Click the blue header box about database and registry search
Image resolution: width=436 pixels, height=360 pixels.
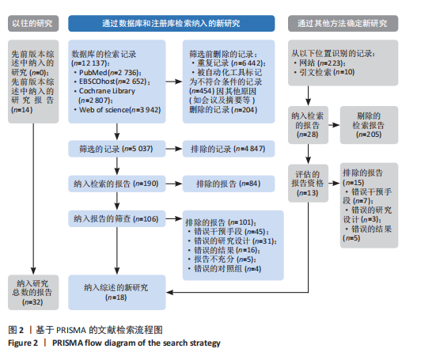(x=171, y=24)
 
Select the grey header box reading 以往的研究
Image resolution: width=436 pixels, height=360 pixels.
(x=33, y=24)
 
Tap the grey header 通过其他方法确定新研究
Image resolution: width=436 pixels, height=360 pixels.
(x=343, y=24)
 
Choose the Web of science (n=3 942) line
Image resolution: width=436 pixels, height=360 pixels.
(x=117, y=110)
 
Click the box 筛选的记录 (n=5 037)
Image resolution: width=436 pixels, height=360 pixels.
(x=117, y=149)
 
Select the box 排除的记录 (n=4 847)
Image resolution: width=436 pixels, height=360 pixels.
(x=229, y=149)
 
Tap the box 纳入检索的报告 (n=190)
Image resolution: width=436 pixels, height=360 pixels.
(x=117, y=184)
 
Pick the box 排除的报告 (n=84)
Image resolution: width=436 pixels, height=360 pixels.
(x=229, y=184)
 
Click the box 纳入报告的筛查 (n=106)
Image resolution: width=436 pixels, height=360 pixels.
(x=117, y=219)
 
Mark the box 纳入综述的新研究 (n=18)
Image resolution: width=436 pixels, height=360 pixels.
(x=117, y=293)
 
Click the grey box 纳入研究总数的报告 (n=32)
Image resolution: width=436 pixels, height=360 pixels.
(x=33, y=293)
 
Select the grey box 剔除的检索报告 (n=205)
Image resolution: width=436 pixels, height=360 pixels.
(x=369, y=125)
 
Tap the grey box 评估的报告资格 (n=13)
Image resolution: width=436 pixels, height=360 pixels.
(x=308, y=184)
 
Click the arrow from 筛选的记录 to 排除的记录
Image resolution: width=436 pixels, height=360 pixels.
(x=174, y=149)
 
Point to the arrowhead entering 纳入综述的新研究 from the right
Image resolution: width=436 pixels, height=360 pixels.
(x=169, y=293)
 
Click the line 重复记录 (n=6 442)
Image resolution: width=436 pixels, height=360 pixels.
(x=229, y=63)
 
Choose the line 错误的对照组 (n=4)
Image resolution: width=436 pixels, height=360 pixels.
(x=225, y=269)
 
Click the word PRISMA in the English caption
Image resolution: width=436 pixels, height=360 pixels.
(x=67, y=343)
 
